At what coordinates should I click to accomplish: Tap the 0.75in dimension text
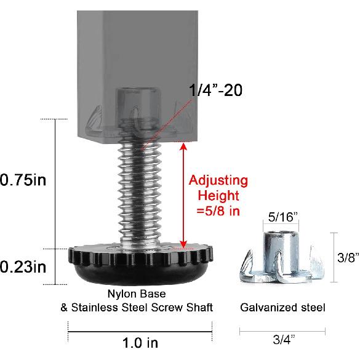pos(24,180)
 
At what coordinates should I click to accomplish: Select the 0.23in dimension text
pos(24,268)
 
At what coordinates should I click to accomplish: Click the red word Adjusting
pos(218,181)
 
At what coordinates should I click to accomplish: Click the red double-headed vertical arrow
pos(182,194)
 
